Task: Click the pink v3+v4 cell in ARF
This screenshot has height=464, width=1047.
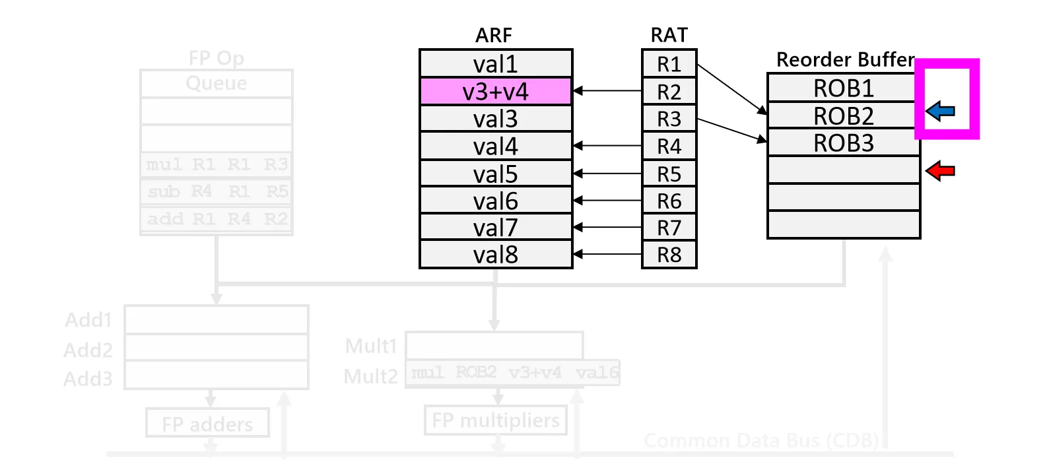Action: coord(495,91)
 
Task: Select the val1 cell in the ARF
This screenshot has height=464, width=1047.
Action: coord(495,64)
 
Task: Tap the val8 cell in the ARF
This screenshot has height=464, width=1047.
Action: coord(495,255)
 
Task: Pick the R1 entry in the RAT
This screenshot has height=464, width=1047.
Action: coord(669,64)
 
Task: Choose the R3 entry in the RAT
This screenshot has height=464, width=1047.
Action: coord(669,119)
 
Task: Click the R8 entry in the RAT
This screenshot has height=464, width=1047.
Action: coord(669,255)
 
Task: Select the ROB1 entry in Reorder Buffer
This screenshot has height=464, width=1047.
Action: coord(843,88)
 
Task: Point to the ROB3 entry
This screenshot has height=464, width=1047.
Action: coord(843,143)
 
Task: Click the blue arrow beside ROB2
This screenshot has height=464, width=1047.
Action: coord(941,111)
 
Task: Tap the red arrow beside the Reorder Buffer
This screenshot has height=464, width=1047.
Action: coord(941,172)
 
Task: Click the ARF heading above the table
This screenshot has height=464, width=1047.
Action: coord(494,35)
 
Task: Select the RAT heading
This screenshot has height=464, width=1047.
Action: coord(669,35)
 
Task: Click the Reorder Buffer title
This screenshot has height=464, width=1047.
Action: coord(845,59)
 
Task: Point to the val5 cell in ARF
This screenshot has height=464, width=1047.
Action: coord(495,174)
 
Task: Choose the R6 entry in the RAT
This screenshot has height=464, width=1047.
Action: coord(669,201)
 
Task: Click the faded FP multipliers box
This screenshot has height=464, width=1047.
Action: coord(496,420)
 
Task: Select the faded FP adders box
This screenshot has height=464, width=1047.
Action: coord(207,424)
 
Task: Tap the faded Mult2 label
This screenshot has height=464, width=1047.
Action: coord(371,376)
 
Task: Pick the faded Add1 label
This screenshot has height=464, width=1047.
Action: coord(88,320)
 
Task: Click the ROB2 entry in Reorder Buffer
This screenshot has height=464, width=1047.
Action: coord(843,116)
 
